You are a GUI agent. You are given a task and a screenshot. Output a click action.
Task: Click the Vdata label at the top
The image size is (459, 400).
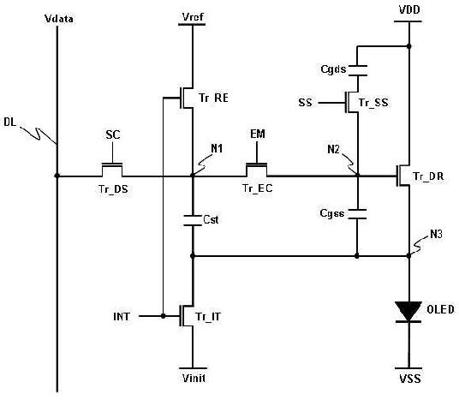pyautogui.click(x=59, y=19)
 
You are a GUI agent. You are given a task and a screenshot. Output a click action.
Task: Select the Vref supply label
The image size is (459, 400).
pyautogui.click(x=193, y=16)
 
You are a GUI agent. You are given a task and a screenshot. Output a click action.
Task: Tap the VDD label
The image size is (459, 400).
pyautogui.click(x=409, y=9)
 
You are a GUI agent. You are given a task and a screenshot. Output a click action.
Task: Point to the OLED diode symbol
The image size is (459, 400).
pyautogui.click(x=408, y=312)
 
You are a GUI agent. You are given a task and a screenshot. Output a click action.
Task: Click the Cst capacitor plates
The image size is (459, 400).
pyautogui.click(x=193, y=220)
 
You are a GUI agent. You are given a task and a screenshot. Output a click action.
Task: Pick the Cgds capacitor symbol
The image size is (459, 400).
pyautogui.click(x=357, y=70)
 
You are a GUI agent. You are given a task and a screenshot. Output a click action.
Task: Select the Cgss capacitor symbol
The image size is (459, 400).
pyautogui.click(x=357, y=214)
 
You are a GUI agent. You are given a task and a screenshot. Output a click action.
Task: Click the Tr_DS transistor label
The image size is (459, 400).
pyautogui.click(x=113, y=189)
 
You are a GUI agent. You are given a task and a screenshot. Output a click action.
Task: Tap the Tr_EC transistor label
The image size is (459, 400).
pyautogui.click(x=257, y=188)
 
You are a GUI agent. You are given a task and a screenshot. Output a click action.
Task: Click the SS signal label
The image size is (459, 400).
pyautogui.click(x=305, y=103)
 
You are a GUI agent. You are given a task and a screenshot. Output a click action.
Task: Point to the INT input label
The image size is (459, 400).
pyautogui.click(x=122, y=317)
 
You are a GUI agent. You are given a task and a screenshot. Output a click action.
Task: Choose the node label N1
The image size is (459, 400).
pyautogui.click(x=217, y=149)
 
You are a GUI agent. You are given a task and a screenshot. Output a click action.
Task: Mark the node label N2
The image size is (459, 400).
pyautogui.click(x=333, y=149)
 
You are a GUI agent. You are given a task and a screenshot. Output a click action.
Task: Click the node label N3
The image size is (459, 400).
pyautogui.click(x=436, y=234)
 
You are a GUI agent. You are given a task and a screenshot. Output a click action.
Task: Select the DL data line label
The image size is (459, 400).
pyautogui.click(x=10, y=122)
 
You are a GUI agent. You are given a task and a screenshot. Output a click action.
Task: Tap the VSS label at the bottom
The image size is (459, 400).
pyautogui.click(x=410, y=379)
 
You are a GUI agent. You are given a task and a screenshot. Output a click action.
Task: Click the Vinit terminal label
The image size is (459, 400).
pyautogui.click(x=194, y=379)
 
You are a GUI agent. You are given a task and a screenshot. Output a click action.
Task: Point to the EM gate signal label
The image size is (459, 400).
pyautogui.click(x=258, y=134)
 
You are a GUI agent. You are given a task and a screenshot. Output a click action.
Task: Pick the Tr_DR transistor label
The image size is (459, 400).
pyautogui.click(x=428, y=176)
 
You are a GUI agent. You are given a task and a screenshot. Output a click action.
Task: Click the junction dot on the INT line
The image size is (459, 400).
pyautogui.click(x=163, y=316)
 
